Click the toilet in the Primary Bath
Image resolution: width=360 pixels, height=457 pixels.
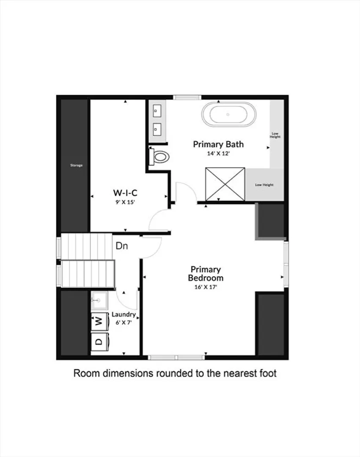(x=159, y=157)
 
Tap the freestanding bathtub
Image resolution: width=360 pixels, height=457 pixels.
(x=229, y=114)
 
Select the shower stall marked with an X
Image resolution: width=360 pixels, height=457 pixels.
(x=225, y=184)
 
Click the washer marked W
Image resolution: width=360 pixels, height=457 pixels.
(x=99, y=322)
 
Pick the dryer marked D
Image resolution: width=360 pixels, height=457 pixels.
(x=99, y=342)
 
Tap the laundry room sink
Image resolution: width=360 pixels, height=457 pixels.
(x=99, y=300)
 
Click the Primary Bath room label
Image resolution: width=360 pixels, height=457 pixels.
(x=218, y=144)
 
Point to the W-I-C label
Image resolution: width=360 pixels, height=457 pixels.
(x=125, y=193)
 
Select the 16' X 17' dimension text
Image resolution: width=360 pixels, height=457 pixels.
(x=206, y=287)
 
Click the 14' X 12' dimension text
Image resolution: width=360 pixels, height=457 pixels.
(x=218, y=153)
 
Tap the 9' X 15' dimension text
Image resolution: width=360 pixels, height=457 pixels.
(x=125, y=202)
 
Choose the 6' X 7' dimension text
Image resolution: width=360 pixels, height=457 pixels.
(x=124, y=322)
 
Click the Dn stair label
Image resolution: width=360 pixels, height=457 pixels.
(x=122, y=246)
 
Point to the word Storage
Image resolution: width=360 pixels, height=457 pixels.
(x=76, y=165)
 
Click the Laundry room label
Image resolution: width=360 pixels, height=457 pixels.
(x=124, y=315)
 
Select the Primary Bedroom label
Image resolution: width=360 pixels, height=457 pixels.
(x=206, y=274)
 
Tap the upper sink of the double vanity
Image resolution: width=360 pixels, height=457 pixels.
(x=157, y=111)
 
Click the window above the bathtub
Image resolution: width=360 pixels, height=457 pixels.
(x=187, y=97)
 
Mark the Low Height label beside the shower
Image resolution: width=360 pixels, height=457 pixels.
(x=264, y=185)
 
